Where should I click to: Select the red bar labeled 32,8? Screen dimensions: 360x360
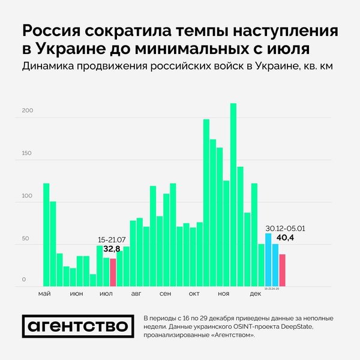pyautogui.click(x=113, y=272)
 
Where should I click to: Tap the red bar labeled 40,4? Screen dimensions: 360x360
pyautogui.click(x=282, y=270)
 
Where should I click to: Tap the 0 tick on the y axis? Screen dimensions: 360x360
pyautogui.click(x=25, y=280)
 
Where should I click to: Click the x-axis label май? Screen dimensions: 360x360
pyautogui.click(x=44, y=293)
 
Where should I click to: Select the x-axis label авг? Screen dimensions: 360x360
pyautogui.click(x=136, y=293)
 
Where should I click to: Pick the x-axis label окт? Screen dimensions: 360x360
pyautogui.click(x=194, y=293)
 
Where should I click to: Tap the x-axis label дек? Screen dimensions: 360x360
pyautogui.click(x=256, y=293)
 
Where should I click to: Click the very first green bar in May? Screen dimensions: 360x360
pyautogui.click(x=46, y=234)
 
